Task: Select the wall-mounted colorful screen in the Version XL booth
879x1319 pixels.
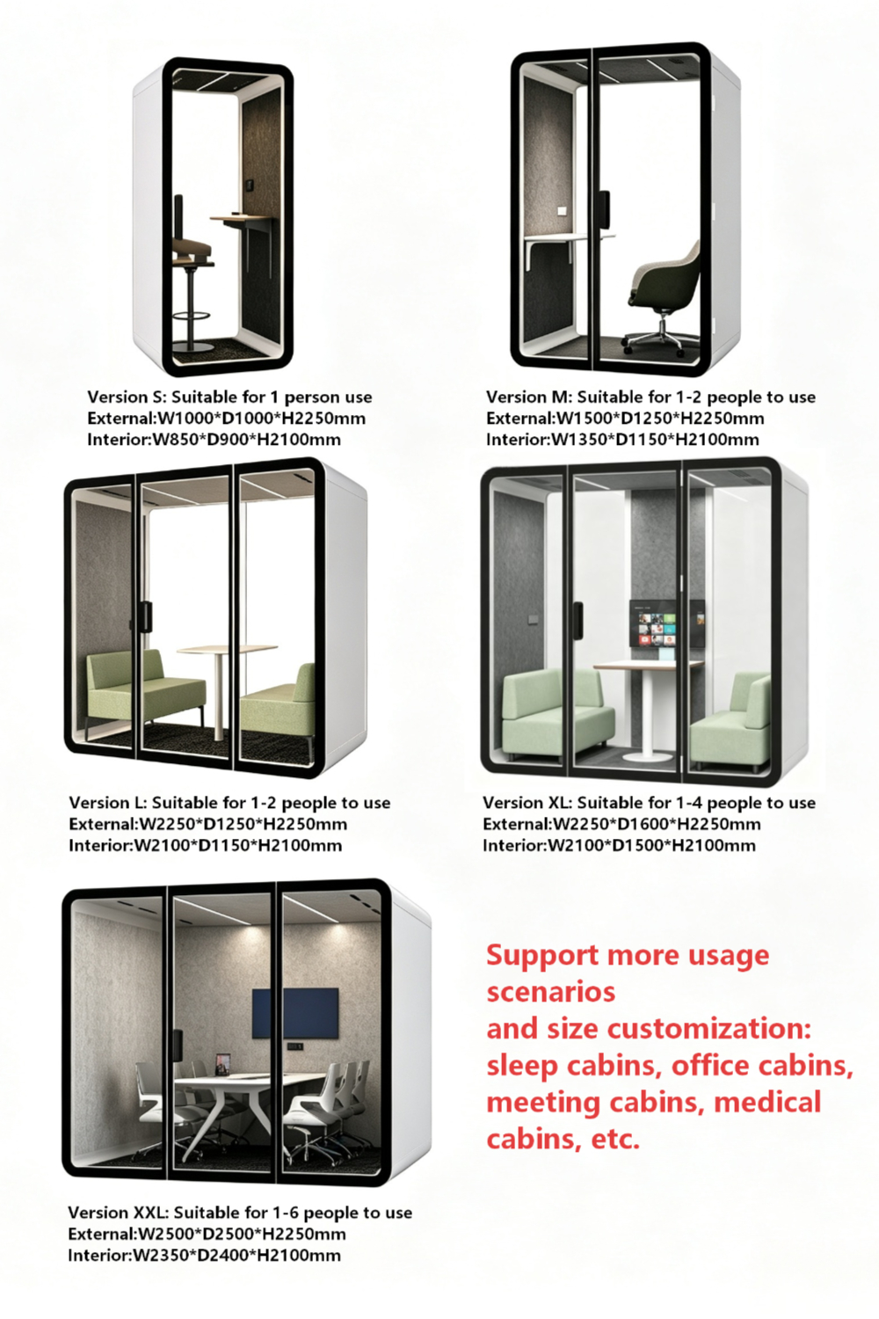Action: (667, 623)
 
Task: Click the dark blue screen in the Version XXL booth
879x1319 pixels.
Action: (295, 1013)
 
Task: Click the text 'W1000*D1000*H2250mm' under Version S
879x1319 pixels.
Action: (259, 419)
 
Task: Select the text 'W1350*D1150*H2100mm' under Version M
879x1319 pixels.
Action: (655, 440)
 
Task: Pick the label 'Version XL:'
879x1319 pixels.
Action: (527, 803)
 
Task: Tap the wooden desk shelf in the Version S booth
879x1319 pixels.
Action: (243, 218)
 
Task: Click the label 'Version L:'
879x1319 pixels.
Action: (108, 803)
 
